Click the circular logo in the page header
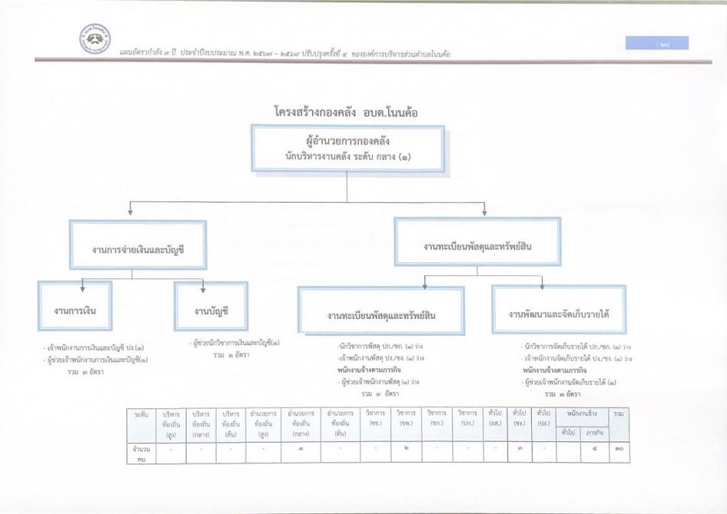pyautogui.click(x=96, y=39)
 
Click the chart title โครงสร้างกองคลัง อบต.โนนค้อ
pyautogui.click(x=347, y=112)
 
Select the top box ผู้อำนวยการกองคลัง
pyautogui.click(x=348, y=149)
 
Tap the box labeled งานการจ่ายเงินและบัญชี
pyautogui.click(x=138, y=246)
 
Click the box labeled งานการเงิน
pyautogui.click(x=74, y=310)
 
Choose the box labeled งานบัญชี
pyautogui.click(x=212, y=310)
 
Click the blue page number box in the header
pyautogui.click(x=656, y=44)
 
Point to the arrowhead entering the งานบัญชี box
pyautogui.click(x=202, y=291)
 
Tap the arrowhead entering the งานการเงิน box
pyautogui.click(x=83, y=291)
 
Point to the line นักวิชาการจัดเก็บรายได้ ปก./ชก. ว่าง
pyautogui.click(x=575, y=346)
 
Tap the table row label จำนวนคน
pyautogui.click(x=139, y=452)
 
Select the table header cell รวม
pyautogui.click(x=619, y=413)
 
